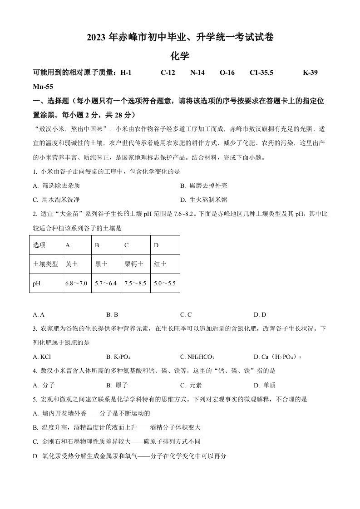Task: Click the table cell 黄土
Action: [72, 264]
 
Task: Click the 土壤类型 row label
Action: [45, 264]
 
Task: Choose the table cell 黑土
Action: [101, 264]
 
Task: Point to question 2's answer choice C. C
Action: [186, 314]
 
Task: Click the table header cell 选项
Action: [39, 245]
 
